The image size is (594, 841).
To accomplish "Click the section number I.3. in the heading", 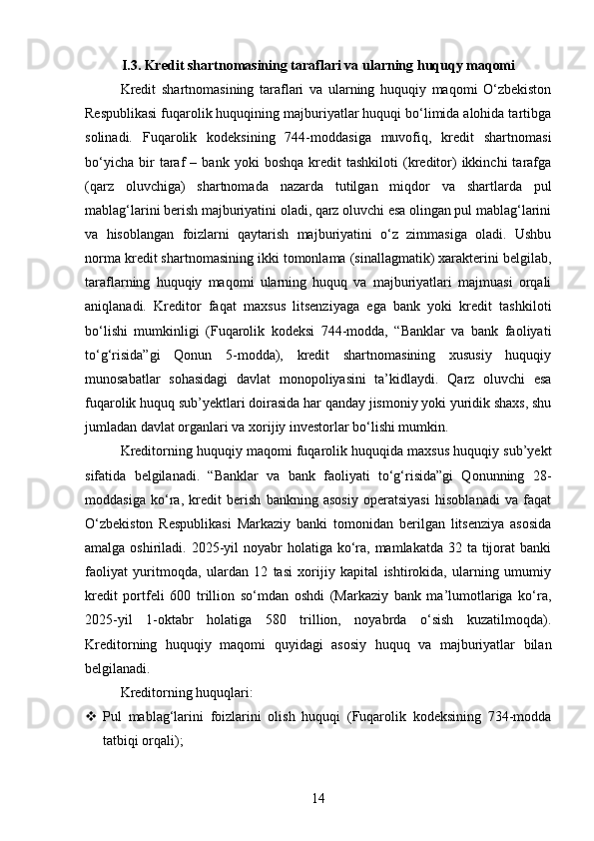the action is (x=131, y=67).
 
